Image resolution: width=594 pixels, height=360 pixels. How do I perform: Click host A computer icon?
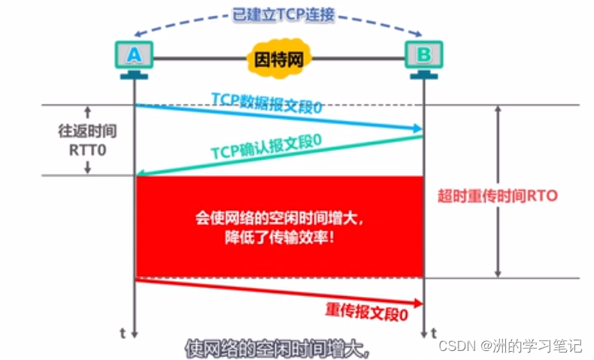coord(134,56)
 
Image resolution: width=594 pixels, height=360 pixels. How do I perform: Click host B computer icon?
coord(424,56)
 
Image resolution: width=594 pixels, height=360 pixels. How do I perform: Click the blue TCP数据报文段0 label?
coord(267,104)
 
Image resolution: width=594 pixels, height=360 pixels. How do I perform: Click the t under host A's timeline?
coord(123,331)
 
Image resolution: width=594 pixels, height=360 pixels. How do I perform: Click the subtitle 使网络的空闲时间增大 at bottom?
coord(279,348)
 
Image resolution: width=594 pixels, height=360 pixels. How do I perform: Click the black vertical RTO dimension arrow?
coord(496,192)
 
